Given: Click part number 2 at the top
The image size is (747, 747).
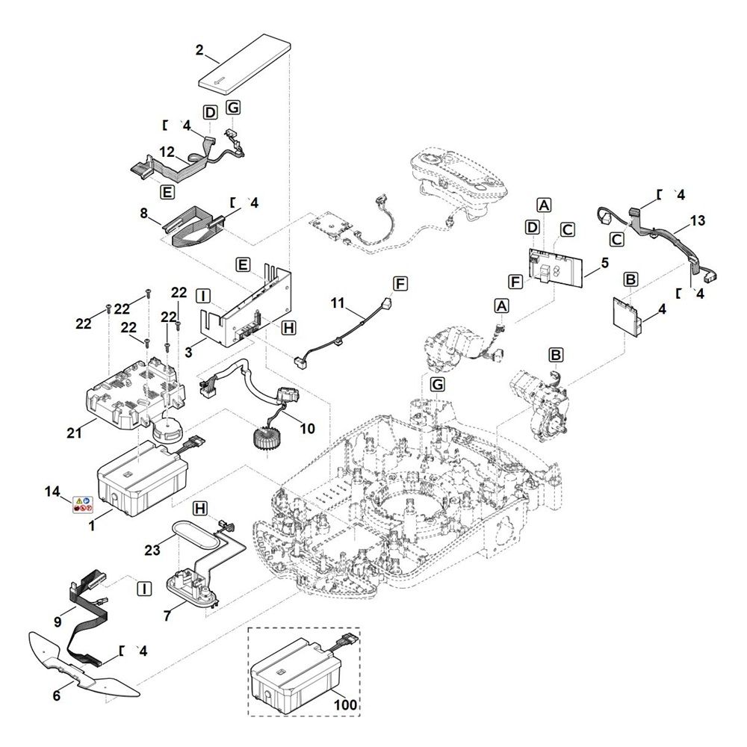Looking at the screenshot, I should point(199,51).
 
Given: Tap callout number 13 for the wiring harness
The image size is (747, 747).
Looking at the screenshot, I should point(698,221).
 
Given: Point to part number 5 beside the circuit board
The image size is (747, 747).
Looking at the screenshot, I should point(604,263).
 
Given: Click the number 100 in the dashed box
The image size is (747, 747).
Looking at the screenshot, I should point(346,704).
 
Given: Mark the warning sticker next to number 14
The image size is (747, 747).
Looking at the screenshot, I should point(81,504).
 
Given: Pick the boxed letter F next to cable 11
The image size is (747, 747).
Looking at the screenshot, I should point(401,284).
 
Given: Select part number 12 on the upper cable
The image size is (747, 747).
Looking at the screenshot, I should point(167,152).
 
